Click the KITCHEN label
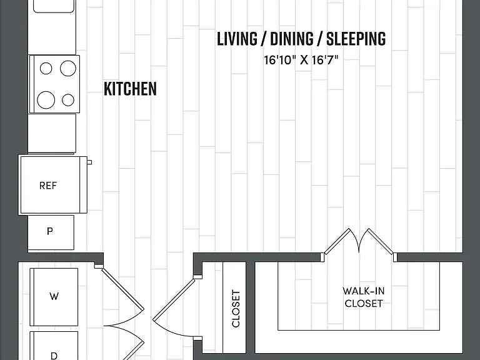click(x=130, y=89)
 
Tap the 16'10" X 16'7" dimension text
click(x=301, y=60)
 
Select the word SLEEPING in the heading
click(x=356, y=39)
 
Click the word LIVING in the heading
click(x=237, y=39)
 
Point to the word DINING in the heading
click(x=292, y=39)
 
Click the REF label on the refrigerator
click(x=48, y=186)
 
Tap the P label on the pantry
click(x=50, y=231)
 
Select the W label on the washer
click(x=54, y=296)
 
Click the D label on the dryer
click(x=54, y=356)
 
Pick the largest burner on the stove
click(x=46, y=100)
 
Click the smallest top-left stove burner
click(x=46, y=68)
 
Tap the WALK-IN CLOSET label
click(x=363, y=297)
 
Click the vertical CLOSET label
click(x=236, y=309)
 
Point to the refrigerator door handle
click(x=89, y=162)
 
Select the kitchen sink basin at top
click(x=54, y=6)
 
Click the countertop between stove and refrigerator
click(x=52, y=134)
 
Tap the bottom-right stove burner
click(x=68, y=100)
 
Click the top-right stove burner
click(x=68, y=68)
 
